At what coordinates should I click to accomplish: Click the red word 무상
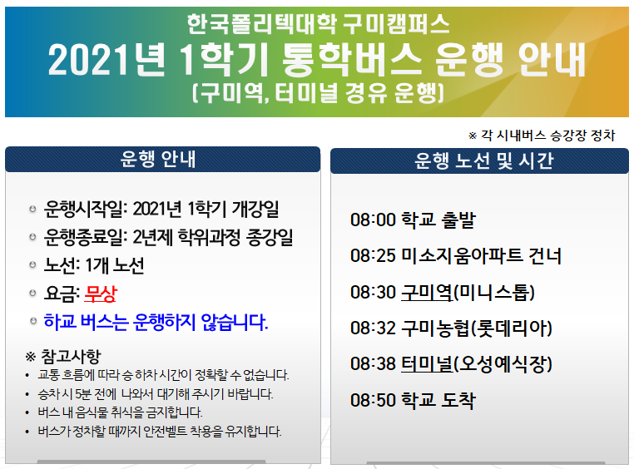point(101,294)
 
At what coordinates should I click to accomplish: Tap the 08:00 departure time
point(373,220)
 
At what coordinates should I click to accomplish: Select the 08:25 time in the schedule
point(373,256)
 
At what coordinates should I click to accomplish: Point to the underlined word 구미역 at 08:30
point(427,292)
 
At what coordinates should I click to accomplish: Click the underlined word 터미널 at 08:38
point(427,363)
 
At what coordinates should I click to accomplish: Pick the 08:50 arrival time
point(373,400)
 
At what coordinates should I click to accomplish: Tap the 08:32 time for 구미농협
point(373,328)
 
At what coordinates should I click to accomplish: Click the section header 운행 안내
point(158,159)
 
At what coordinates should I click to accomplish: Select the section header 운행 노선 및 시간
point(483,160)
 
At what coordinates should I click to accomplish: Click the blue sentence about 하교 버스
point(156,322)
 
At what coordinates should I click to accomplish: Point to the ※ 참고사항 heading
point(63,356)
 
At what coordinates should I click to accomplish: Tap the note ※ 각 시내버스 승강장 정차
point(542,136)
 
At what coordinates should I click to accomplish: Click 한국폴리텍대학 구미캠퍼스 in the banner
point(318,24)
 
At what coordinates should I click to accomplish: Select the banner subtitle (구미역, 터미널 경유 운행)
point(318,93)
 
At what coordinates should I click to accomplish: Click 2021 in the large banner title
point(92,60)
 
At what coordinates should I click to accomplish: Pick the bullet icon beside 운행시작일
point(32,209)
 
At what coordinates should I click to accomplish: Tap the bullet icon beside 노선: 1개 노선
point(32,265)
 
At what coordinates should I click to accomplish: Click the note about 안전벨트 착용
point(160,431)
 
